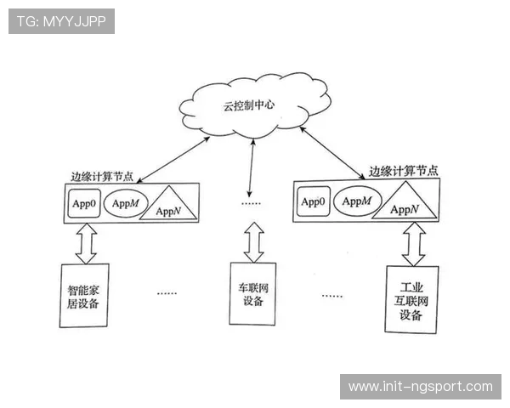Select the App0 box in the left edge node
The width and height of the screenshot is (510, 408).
83,204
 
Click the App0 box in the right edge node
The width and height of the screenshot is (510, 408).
312,202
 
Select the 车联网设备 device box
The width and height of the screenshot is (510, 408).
252,294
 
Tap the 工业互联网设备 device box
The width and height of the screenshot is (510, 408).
411,299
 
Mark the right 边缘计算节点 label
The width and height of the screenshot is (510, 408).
404,170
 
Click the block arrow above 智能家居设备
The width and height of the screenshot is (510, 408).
85,244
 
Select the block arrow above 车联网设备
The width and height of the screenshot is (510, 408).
252,241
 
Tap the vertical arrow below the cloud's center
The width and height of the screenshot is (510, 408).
250,168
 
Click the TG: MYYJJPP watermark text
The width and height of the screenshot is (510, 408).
60,20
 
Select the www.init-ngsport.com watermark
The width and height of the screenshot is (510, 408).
421,387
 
